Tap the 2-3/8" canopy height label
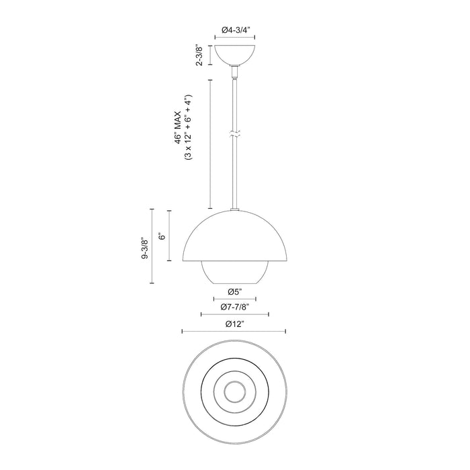pyautogui.click(x=199, y=55)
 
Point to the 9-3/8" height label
pyautogui.click(x=146, y=246)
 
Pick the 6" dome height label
pyautogui.click(x=162, y=236)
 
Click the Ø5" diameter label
pyautogui.click(x=234, y=291)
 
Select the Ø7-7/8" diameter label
pyautogui.click(x=234, y=307)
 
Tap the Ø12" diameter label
pyautogui.click(x=234, y=324)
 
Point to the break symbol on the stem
pyautogui.click(x=234, y=134)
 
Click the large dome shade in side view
pyautogui.click(x=234, y=238)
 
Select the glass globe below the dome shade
pyautogui.click(x=234, y=272)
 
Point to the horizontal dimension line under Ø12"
pyautogui.click(x=234, y=331)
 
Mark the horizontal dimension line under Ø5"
pyautogui.click(x=234, y=299)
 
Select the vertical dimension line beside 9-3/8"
pyautogui.click(x=152, y=246)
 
